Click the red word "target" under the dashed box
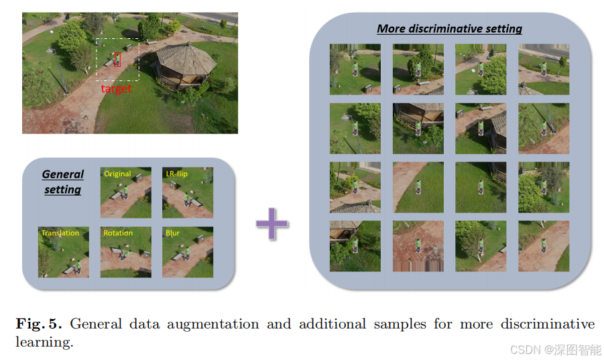(x=116, y=89)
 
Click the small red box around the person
(x=118, y=60)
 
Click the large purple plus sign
(x=272, y=225)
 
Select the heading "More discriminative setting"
(x=449, y=29)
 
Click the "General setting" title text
(x=63, y=182)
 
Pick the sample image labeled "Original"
(x=125, y=192)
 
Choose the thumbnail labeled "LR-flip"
(x=188, y=192)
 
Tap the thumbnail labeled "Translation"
(x=64, y=252)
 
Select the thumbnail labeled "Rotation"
(x=125, y=252)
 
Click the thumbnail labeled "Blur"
(x=188, y=252)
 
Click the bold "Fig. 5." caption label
(x=39, y=324)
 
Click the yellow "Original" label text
(x=117, y=174)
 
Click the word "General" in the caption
(x=94, y=324)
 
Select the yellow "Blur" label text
(x=172, y=233)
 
